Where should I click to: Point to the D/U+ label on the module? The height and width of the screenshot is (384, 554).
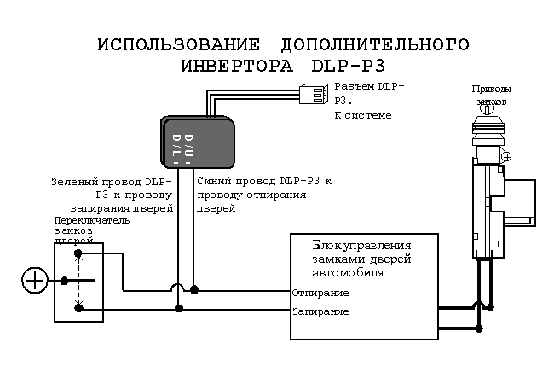[x=189, y=143]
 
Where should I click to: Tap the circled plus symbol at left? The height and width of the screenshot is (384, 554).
[x=35, y=280]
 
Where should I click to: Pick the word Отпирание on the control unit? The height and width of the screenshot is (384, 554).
[x=320, y=294]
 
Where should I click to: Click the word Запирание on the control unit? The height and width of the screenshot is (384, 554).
[x=320, y=311]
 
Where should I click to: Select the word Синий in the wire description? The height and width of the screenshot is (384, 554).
[x=213, y=182]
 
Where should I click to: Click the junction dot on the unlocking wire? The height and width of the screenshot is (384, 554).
[x=194, y=290]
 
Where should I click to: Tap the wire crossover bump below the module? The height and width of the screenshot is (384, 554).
[x=177, y=289]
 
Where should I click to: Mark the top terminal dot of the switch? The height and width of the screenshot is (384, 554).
[x=78, y=253]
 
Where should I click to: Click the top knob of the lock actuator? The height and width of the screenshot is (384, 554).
[x=487, y=109]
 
